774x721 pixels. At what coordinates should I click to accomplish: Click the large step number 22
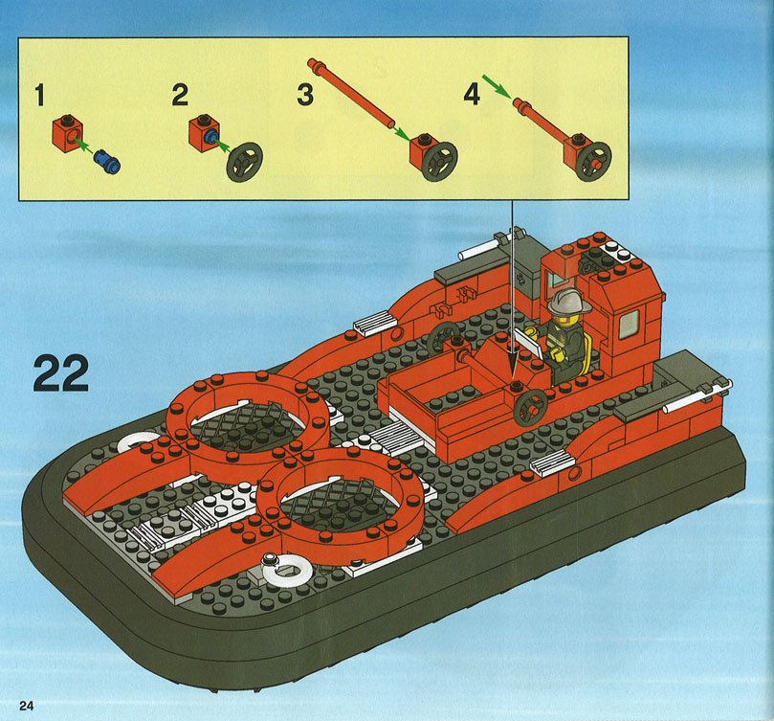click(x=61, y=373)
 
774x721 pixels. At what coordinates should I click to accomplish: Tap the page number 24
click(x=27, y=705)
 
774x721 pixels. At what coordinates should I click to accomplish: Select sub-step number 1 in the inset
click(x=40, y=95)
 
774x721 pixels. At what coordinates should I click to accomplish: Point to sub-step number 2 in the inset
click(x=180, y=95)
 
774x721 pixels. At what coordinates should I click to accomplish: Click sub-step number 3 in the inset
click(x=305, y=95)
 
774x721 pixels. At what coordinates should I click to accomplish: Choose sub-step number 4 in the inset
click(x=472, y=94)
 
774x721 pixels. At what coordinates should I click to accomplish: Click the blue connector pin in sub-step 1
click(x=106, y=161)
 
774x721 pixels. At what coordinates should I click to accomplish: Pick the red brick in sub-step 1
click(x=67, y=133)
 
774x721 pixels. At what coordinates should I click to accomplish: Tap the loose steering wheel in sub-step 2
click(x=244, y=161)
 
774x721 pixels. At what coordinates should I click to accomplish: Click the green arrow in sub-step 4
click(x=497, y=85)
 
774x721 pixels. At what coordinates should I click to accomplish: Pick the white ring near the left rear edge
click(x=137, y=442)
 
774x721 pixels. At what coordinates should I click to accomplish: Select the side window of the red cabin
click(x=629, y=324)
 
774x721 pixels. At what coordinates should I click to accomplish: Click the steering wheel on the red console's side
click(x=531, y=408)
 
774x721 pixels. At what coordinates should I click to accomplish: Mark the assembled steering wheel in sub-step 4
click(x=593, y=162)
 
